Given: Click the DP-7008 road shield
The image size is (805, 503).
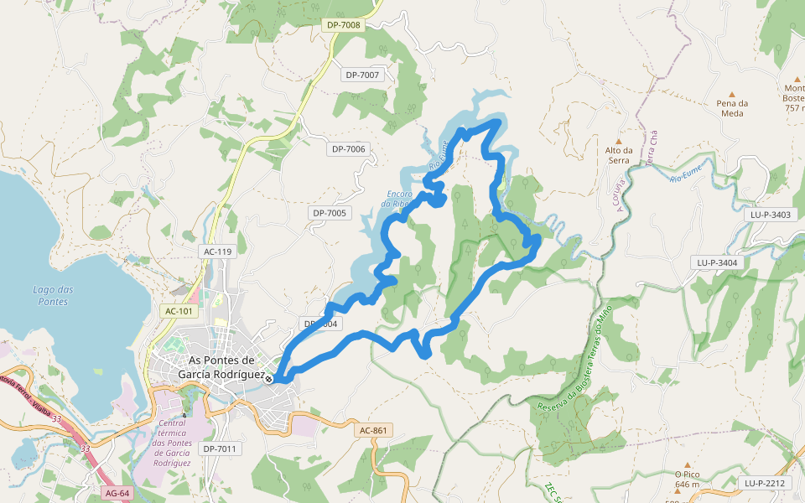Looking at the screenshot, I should click(x=344, y=25).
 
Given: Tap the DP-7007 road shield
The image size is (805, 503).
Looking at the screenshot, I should click(x=362, y=75).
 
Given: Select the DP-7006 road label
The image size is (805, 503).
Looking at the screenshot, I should click(x=349, y=149).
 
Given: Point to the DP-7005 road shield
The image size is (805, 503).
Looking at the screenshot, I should click(x=330, y=213).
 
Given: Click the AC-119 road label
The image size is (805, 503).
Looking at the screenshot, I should click(x=217, y=251).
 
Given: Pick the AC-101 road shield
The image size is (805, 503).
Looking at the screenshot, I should click(x=179, y=311).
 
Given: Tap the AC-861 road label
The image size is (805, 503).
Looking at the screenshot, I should click(x=373, y=430).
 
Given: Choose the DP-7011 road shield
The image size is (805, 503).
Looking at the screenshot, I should click(x=221, y=449).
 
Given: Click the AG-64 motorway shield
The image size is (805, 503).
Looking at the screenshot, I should click(x=117, y=492).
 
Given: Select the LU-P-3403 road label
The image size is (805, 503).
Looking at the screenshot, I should click(x=770, y=215).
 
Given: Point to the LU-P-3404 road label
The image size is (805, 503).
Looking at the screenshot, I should click(x=717, y=262).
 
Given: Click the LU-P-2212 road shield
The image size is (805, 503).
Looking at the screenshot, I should click(x=764, y=483).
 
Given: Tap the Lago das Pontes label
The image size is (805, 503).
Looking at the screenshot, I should click(x=53, y=295).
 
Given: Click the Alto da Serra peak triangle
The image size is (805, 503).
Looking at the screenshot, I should click(x=619, y=141).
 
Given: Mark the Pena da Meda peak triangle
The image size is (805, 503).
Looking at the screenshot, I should click(x=732, y=94).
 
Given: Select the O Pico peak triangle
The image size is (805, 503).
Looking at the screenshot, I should click(x=687, y=464).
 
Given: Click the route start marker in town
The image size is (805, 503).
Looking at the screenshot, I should click(x=268, y=379).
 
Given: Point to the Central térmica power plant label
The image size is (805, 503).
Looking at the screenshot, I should click(x=174, y=442).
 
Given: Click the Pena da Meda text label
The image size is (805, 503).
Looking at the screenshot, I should click(x=732, y=108).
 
